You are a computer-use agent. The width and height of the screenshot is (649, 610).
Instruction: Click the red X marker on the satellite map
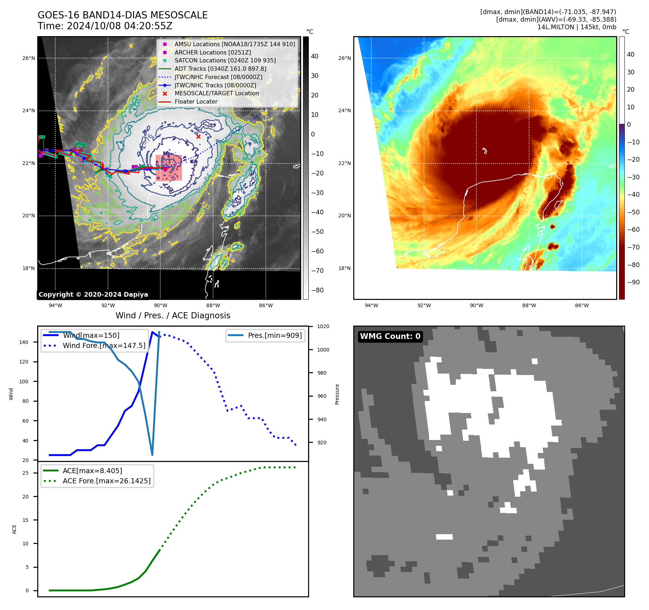pyautogui.click(x=198, y=136)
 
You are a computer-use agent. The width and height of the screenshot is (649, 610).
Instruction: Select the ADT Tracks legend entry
pyautogui.click(x=220, y=69)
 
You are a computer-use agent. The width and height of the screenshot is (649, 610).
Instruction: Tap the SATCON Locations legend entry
pyautogui.click(x=225, y=60)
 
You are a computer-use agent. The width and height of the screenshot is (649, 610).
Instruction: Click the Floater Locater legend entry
pyautogui.click(x=196, y=101)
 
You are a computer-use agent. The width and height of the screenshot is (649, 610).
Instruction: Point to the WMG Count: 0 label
pyautogui.click(x=390, y=336)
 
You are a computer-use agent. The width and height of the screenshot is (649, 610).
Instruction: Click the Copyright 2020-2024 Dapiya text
pyautogui.click(x=93, y=295)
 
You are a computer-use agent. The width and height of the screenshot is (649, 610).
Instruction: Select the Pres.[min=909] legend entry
pyautogui.click(x=274, y=335)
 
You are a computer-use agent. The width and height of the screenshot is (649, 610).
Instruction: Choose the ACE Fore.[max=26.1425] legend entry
pyautogui.click(x=107, y=481)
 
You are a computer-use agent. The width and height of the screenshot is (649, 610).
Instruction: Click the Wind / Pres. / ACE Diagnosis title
pyautogui.click(x=173, y=315)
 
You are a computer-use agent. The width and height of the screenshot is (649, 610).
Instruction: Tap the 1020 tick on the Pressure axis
pyautogui.click(x=323, y=326)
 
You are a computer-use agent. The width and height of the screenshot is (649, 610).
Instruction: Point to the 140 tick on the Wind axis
pyautogui.click(x=24, y=342)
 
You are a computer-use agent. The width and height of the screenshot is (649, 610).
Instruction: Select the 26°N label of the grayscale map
pyautogui.click(x=29, y=58)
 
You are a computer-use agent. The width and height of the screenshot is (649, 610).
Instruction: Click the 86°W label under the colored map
pyautogui.click(x=581, y=305)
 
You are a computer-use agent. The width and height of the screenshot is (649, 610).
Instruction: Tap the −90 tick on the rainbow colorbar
pyautogui.click(x=633, y=282)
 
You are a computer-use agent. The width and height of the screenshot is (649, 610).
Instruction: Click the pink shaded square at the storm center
pyautogui.click(x=169, y=168)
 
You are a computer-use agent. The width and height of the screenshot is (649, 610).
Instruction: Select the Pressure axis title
pyautogui.click(x=337, y=394)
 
